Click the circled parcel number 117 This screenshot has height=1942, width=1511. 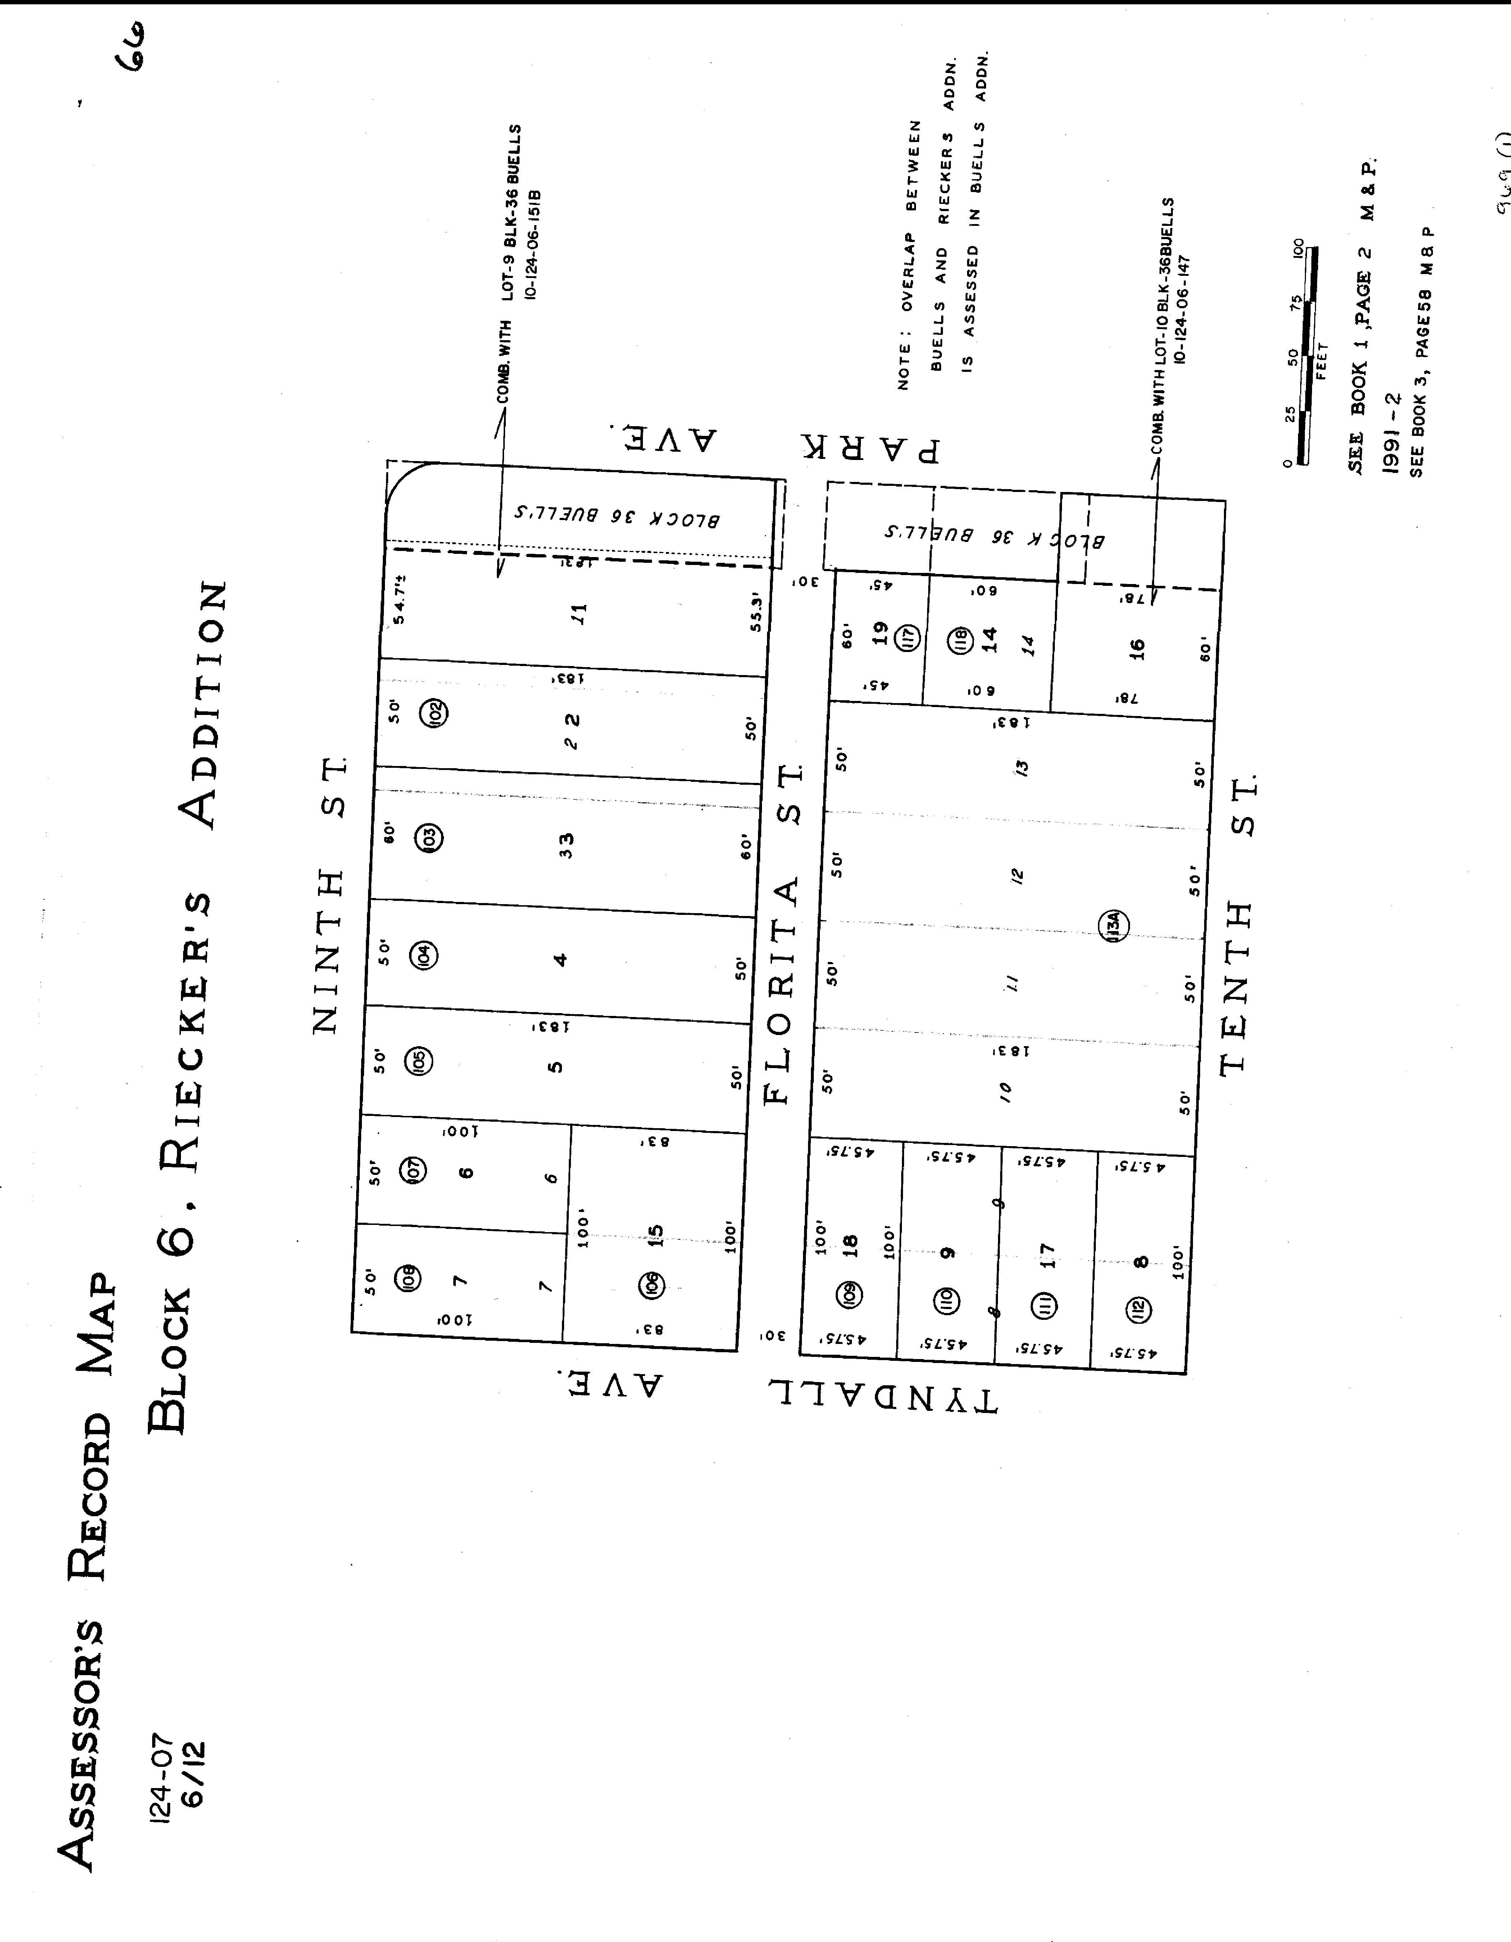[x=908, y=638]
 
